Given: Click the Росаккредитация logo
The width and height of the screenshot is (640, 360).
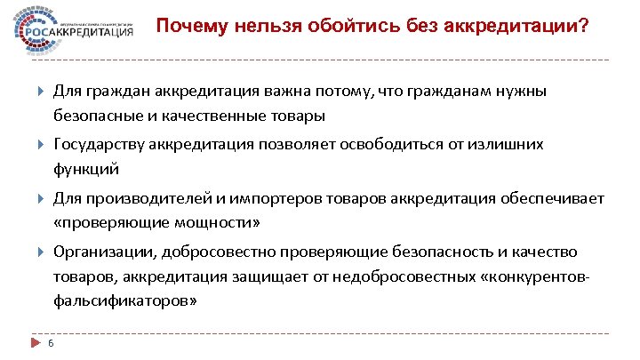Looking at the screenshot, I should [75, 29].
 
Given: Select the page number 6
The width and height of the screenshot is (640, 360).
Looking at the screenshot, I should [52, 345].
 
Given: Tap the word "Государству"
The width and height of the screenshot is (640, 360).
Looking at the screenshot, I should [100, 144].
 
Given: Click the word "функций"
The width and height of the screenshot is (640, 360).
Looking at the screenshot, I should [86, 168].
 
